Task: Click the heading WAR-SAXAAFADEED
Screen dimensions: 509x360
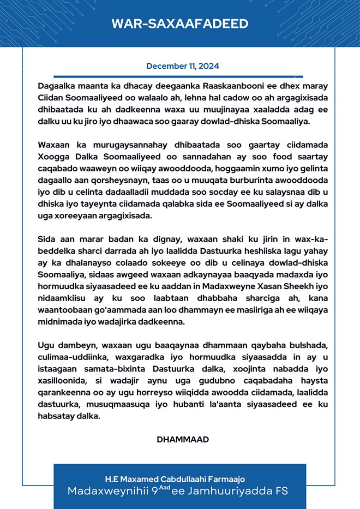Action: (x=180, y=23)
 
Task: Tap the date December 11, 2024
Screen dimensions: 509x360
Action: (x=183, y=66)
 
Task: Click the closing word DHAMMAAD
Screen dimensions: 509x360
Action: (x=183, y=439)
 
